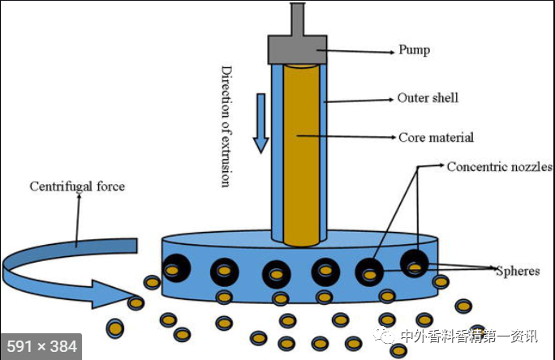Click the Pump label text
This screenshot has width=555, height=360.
pos(414,50)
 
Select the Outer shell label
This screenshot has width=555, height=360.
pos(428,98)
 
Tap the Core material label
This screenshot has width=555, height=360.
pos(436,138)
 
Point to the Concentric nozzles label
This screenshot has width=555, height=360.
pos(499,167)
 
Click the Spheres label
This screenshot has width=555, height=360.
pos(518,271)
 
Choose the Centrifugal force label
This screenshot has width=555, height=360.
pos(77,186)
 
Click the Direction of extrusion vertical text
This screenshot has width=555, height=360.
pos(226,126)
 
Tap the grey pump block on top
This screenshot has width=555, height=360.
pos(297,49)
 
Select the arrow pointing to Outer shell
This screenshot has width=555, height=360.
pos(357,101)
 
